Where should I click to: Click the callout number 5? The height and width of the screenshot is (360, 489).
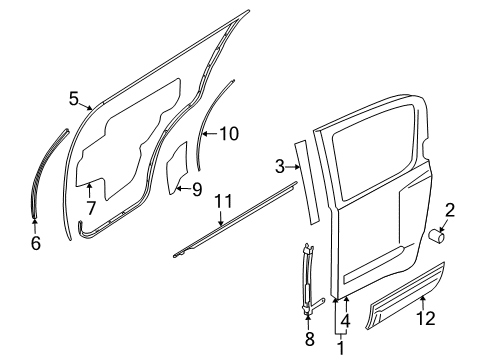pyautogui.click(x=74, y=98)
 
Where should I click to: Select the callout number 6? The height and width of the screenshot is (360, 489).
pyautogui.click(x=36, y=243)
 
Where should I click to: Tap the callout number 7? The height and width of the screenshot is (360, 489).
pyautogui.click(x=90, y=208)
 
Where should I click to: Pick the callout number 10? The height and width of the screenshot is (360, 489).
pyautogui.click(x=229, y=134)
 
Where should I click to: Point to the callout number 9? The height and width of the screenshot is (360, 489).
pyautogui.click(x=197, y=189)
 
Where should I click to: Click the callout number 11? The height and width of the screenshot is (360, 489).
pyautogui.click(x=223, y=202)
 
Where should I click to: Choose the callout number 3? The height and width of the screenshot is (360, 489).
pyautogui.click(x=280, y=166)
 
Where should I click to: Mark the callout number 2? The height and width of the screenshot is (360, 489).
pyautogui.click(x=450, y=211)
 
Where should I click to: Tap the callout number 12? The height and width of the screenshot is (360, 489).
pyautogui.click(x=426, y=318)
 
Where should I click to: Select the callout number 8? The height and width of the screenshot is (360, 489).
pyautogui.click(x=310, y=339)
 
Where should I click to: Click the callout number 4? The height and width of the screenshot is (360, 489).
pyautogui.click(x=346, y=321)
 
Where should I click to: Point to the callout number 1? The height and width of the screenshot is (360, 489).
pyautogui.click(x=341, y=348)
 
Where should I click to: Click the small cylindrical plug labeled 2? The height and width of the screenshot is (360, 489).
pyautogui.click(x=436, y=236)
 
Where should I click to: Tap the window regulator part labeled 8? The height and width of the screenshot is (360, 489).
pyautogui.click(x=308, y=279)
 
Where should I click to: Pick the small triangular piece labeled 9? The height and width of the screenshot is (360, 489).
pyautogui.click(x=178, y=168)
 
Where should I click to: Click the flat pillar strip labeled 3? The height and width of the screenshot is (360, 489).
pyautogui.click(x=307, y=182)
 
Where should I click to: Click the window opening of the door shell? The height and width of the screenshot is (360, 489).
pyautogui.click(x=373, y=153)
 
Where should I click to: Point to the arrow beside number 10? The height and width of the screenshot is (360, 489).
pyautogui.click(x=210, y=134)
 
